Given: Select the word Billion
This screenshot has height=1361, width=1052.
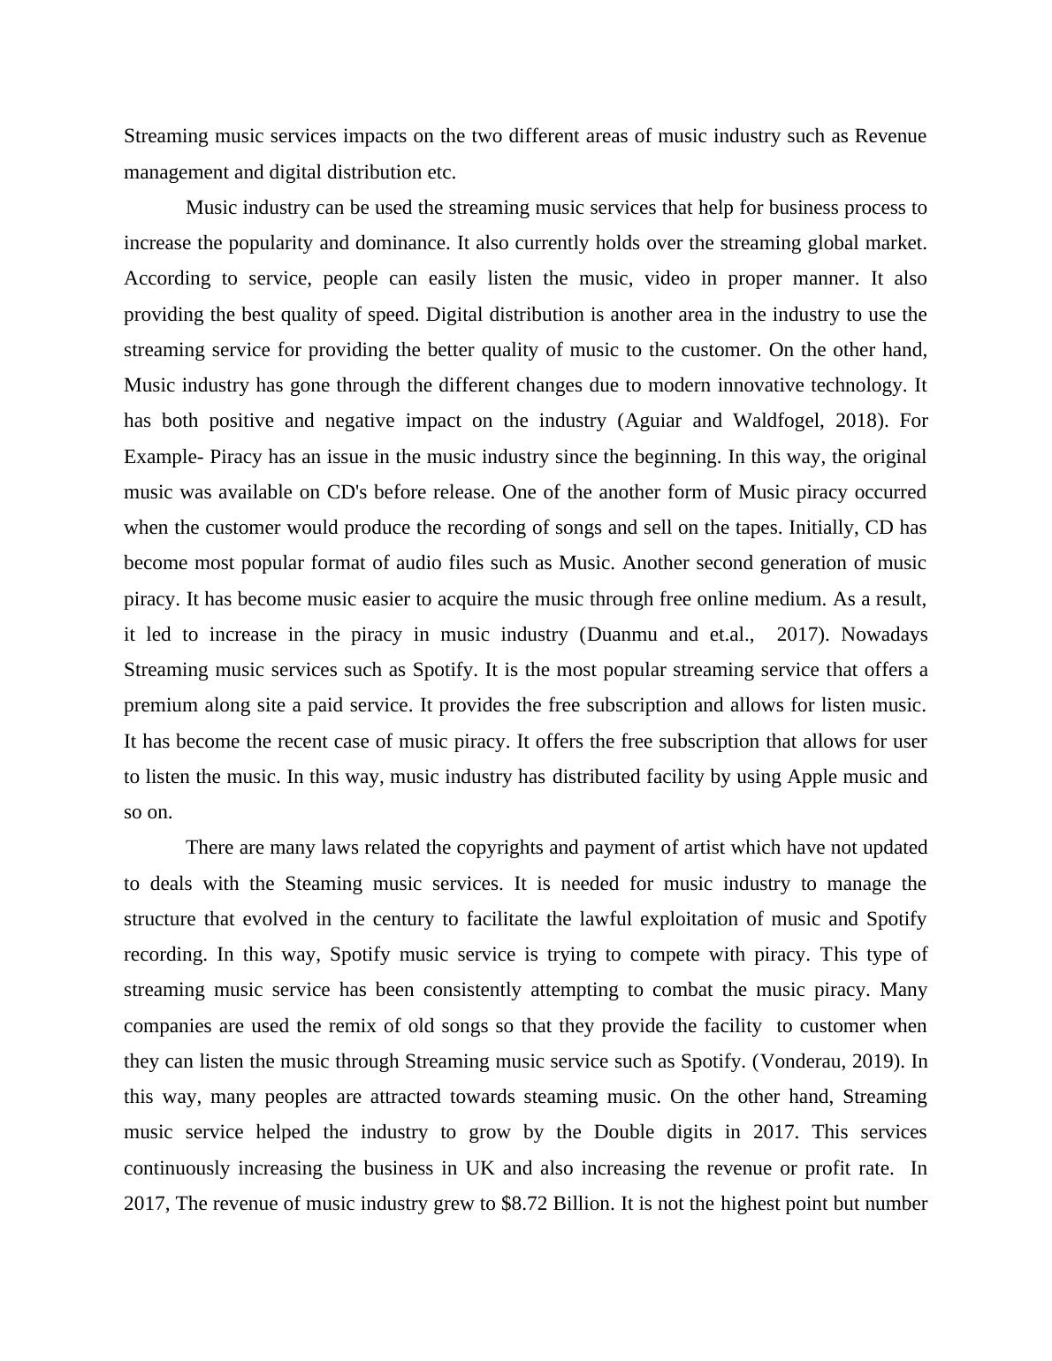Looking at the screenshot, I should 583,1204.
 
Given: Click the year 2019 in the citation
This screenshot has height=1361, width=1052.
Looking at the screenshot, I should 876,1061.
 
